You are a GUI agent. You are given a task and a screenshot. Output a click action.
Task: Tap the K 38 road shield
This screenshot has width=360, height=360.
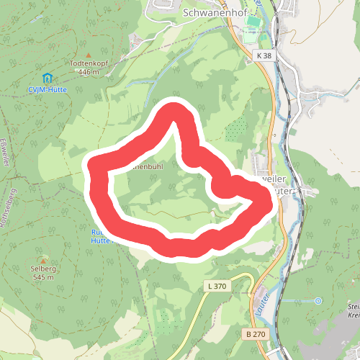[264, 55]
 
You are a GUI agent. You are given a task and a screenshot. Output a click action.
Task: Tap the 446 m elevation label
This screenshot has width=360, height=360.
[88, 72]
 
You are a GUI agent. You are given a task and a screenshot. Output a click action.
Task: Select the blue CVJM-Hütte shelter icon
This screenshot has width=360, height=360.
[48, 77]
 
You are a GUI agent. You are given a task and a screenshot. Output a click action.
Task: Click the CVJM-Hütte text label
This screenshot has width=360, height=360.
[48, 89]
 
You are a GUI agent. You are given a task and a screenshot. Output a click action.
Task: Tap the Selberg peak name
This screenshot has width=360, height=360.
[43, 269]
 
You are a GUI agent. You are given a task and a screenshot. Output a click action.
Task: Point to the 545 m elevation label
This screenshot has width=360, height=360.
[43, 277]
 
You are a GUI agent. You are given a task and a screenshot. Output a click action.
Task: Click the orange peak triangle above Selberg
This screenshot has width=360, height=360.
[43, 260]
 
